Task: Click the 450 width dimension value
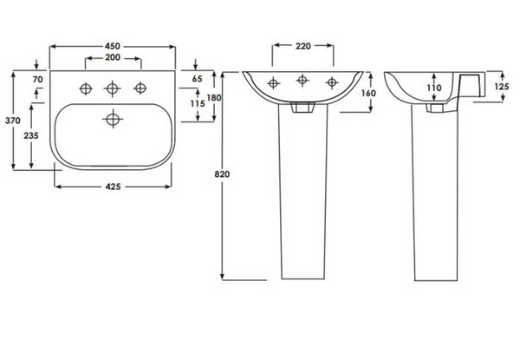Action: pos(113,46)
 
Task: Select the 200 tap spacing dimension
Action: pos(113,57)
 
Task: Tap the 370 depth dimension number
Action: pos(13,121)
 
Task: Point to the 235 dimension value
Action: pos(31,135)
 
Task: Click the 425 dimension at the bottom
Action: pos(113,187)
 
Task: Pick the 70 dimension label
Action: pos(38,79)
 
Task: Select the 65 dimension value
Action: pos(197,79)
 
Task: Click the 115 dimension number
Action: pos(198,103)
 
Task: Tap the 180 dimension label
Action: pos(214,97)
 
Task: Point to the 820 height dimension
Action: pos(222,173)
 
